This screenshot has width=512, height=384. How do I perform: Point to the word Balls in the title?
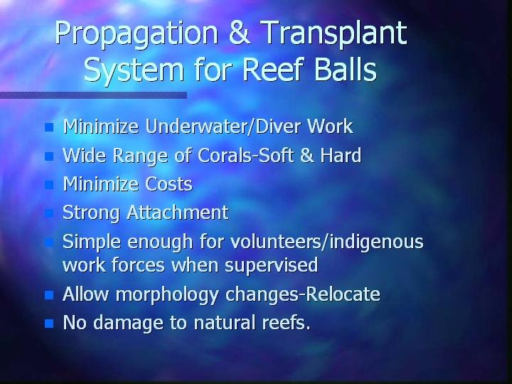[345, 69]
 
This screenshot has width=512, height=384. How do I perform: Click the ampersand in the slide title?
[240, 33]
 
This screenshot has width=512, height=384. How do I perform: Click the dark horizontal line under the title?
[93, 95]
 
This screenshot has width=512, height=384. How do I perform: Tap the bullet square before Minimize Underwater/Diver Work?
[49, 127]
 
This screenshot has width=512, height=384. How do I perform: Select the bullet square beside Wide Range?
[49, 156]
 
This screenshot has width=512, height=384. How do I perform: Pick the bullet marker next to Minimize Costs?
[49, 185]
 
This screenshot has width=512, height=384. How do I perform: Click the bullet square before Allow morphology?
[49, 295]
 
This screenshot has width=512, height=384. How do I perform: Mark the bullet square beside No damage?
[49, 324]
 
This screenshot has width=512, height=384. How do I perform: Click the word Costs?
[169, 184]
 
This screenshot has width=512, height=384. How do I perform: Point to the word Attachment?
[178, 213]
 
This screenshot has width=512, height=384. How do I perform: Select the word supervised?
[272, 265]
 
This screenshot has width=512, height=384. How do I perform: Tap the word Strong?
[91, 213]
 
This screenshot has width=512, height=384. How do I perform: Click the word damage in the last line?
[128, 324]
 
